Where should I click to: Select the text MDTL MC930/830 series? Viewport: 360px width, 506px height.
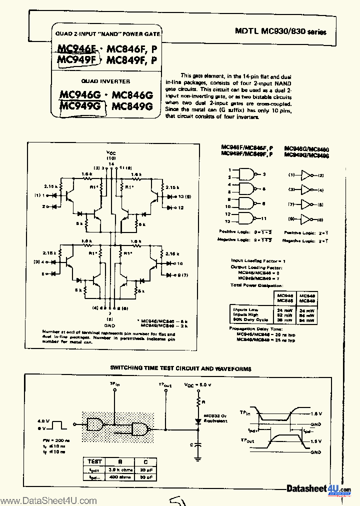[x=280, y=32]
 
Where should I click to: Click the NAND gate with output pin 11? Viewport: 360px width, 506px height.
[x=247, y=218]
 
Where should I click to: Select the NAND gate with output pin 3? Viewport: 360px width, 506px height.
[x=247, y=173]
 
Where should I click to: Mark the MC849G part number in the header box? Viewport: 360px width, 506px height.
[x=132, y=106]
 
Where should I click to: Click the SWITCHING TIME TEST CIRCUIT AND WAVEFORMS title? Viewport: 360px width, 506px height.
[x=180, y=368]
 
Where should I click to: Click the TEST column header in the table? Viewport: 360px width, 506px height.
[x=95, y=462]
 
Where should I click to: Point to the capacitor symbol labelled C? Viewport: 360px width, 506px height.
[x=198, y=443]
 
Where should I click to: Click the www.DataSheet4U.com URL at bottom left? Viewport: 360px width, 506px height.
[x=48, y=500]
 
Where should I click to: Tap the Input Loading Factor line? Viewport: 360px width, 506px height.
[x=258, y=261]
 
